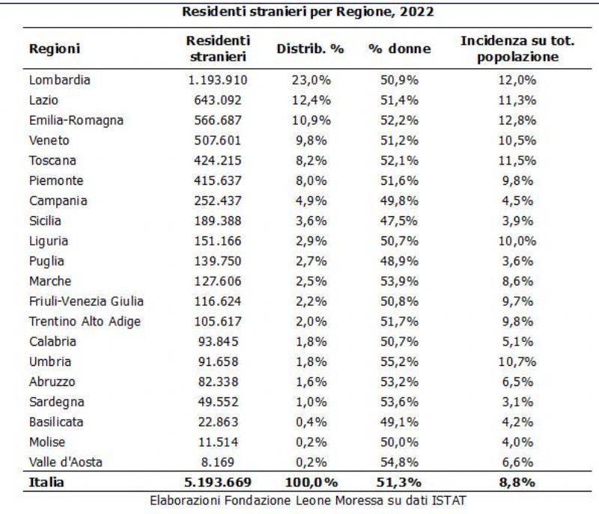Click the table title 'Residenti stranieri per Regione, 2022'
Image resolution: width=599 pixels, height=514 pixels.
tap(308, 11)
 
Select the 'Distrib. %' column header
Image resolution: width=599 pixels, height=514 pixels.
tap(310, 49)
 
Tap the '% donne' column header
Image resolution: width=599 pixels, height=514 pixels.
tap(400, 49)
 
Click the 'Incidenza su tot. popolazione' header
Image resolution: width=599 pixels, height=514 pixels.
tap(517, 49)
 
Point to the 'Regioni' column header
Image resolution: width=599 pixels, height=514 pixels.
tap(54, 49)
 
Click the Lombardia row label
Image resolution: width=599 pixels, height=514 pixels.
tap(60, 80)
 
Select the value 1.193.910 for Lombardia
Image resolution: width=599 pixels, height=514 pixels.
tap(218, 80)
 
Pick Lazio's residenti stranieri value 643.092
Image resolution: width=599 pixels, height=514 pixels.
tap(218, 100)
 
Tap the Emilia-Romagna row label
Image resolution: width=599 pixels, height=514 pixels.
tap(76, 120)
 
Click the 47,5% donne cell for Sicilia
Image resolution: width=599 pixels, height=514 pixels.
tap(399, 221)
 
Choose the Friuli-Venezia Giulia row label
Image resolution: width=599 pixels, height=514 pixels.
tap(86, 301)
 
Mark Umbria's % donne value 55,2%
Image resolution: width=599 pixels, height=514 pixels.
tap(399, 361)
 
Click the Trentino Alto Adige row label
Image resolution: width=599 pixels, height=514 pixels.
tap(85, 321)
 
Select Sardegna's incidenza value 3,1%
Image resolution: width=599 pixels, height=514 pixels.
tap(517, 402)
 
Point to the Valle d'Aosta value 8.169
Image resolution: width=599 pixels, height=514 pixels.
tap(218, 462)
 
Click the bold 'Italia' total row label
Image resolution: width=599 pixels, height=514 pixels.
tap(46, 482)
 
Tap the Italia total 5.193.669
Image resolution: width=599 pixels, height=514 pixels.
tap(218, 482)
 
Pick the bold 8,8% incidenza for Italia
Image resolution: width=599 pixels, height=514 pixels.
tap(517, 482)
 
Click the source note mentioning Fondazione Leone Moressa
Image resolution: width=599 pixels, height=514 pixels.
tap(308, 501)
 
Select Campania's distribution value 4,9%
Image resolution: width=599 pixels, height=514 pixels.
tap(311, 201)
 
